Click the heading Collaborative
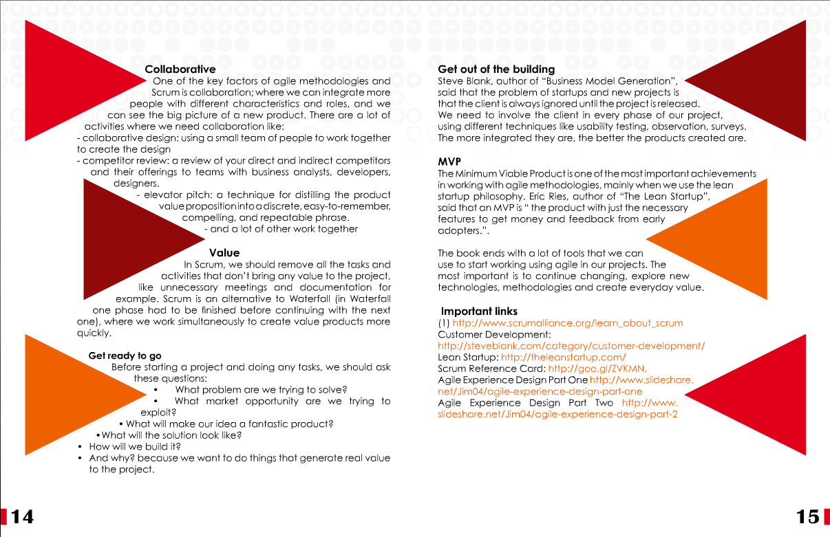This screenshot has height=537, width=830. coord(180,69)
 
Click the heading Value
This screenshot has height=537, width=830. coord(224,253)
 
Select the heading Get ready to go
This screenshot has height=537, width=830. coord(125,355)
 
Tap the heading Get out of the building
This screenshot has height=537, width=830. coord(496,69)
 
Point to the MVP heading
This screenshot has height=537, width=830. coord(449,162)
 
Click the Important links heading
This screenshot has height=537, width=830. coord(479,311)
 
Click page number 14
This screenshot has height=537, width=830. coord(22,516)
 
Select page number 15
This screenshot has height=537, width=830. coord(807,516)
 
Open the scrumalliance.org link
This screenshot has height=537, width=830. coord(567,322)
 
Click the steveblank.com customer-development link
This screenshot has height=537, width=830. coord(571,346)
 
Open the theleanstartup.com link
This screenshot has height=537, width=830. coord(563,358)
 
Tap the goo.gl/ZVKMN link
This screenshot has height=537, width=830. coord(597,369)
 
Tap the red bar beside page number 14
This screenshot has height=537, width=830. coord(4,516)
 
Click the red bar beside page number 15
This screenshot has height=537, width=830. coord(826,516)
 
